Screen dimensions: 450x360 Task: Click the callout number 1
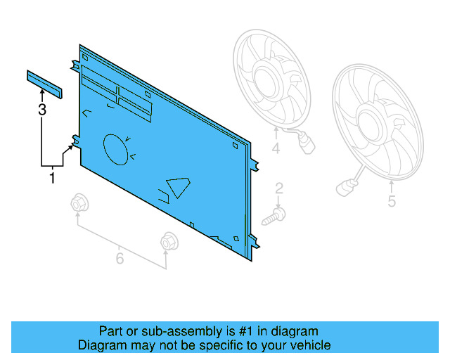click(x=52, y=178)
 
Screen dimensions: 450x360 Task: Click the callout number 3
click(x=42, y=110)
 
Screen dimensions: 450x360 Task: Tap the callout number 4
click(x=276, y=148)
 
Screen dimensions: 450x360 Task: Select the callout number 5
click(x=392, y=201)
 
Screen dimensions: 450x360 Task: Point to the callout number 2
click(x=279, y=188)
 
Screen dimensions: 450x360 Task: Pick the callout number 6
click(x=120, y=258)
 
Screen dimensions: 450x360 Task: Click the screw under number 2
click(x=274, y=217)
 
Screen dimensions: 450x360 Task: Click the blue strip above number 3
click(x=44, y=84)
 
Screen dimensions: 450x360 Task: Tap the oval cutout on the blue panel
click(x=115, y=150)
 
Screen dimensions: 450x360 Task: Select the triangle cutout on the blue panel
click(x=178, y=186)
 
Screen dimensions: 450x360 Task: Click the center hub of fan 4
click(x=266, y=82)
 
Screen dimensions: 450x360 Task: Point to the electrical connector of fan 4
click(x=307, y=144)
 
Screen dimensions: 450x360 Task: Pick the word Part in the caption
click(x=110, y=331)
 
